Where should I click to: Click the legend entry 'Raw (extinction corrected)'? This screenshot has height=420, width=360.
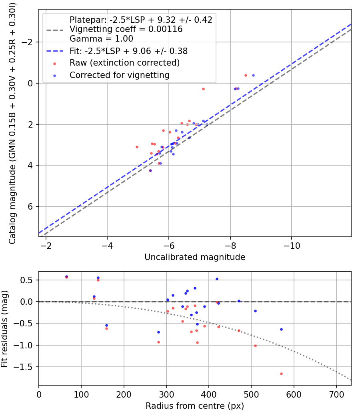pos(124,63)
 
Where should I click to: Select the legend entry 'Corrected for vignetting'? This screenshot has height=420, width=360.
pos(119,75)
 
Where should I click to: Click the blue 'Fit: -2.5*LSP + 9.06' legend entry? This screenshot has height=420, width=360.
pos(128,51)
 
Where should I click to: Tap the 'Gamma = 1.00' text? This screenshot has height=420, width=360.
pos(101,39)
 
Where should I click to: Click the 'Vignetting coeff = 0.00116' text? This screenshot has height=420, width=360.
pos(126,29)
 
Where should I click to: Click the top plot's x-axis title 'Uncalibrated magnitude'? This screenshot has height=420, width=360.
pos(195,257)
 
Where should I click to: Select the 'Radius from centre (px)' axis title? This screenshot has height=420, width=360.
pos(195,406)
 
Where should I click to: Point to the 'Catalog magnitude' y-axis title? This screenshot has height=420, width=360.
pos(12,123)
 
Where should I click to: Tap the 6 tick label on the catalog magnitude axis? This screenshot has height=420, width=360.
pos(33,206)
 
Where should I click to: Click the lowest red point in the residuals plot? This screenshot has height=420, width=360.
pos(281,374)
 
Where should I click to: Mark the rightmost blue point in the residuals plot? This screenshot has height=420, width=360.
pos(281,329)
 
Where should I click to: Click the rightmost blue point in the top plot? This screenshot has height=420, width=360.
pos(253,75)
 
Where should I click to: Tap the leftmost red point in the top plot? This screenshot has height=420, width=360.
pos(137,147)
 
